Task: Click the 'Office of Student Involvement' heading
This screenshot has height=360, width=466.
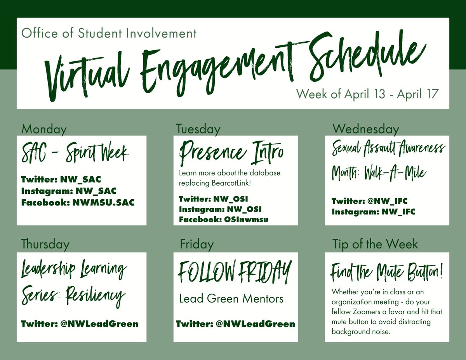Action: tap(109, 33)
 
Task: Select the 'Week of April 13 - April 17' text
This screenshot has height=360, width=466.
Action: tap(367, 94)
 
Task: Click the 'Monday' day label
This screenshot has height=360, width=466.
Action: tap(44, 129)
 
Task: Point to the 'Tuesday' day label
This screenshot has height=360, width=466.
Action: tap(198, 129)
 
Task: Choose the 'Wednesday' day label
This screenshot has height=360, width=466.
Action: tap(365, 129)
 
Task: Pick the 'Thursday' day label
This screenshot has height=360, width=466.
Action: tap(45, 244)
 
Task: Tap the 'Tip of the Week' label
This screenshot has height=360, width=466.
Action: tap(375, 244)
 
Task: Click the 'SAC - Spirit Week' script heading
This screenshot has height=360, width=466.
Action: tap(75, 154)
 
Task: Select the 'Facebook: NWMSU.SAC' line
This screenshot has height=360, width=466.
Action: tap(78, 202)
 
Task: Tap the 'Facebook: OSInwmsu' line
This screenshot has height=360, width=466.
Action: tap(224, 219)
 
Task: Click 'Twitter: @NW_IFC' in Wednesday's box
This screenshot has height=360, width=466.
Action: tap(369, 201)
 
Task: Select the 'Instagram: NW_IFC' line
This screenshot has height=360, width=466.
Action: tap(373, 212)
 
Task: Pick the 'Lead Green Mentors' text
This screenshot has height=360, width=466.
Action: tap(231, 299)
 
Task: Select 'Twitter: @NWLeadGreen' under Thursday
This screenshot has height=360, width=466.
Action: tap(80, 323)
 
